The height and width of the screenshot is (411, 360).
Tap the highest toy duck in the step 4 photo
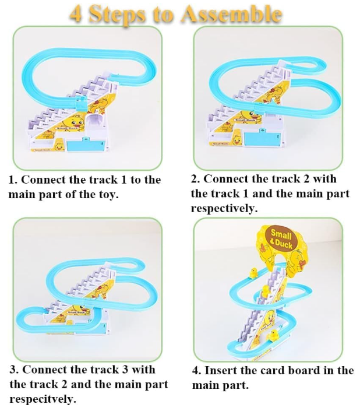coord(254,272)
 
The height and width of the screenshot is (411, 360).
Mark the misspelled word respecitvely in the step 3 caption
coord(42,399)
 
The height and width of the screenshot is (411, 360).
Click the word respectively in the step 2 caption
coord(224,208)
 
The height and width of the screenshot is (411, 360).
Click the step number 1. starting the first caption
coord(13,180)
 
